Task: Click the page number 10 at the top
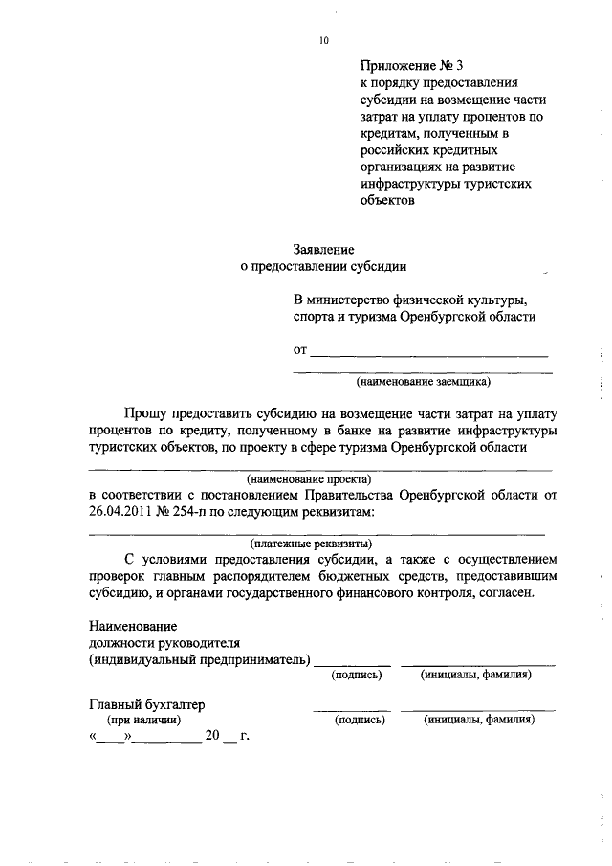tap(323, 40)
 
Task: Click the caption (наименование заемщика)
tap(422, 382)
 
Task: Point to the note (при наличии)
tap(142, 720)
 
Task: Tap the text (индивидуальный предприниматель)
tap(200, 659)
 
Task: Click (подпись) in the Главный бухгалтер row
tap(359, 720)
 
